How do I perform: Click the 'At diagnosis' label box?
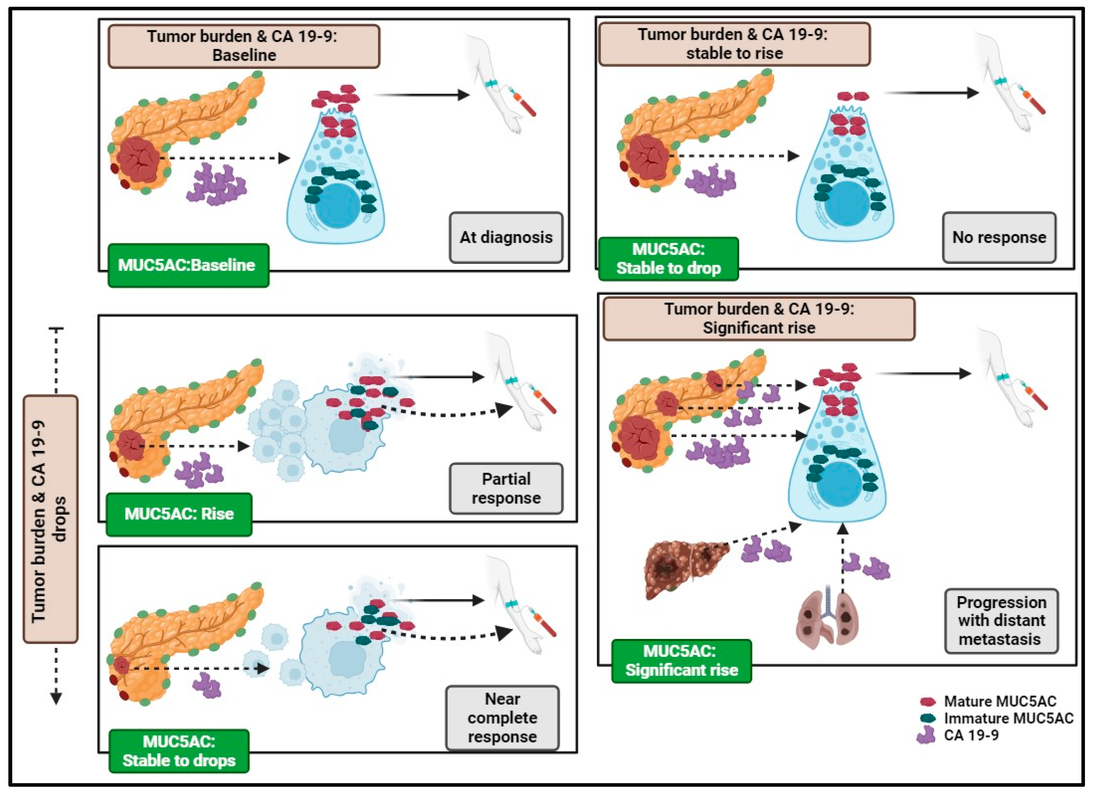506,237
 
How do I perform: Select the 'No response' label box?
999,237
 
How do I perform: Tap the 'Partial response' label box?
506,488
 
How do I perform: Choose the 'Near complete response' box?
502,718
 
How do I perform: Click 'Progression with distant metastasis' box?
1001,621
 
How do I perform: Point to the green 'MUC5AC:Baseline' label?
188,265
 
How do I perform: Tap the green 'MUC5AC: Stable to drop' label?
668,258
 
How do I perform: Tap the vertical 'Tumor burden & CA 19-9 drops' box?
50,519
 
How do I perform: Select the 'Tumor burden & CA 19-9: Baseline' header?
244,46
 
